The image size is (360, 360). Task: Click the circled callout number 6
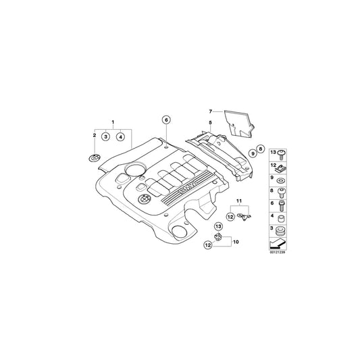coord(165,120)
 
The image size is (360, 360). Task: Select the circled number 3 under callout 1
coord(105,136)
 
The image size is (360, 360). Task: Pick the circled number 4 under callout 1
coord(120,136)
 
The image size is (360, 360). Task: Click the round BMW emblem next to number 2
coord(94,158)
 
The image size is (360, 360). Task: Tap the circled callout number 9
coord(253,154)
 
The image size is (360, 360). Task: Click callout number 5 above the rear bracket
coord(210,123)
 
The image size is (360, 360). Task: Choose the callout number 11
coord(238,203)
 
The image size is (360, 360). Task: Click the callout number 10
coord(236,241)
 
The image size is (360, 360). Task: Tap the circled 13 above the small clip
coord(218,226)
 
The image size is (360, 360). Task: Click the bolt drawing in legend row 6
coord(281,204)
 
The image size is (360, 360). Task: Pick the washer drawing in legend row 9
coord(281,179)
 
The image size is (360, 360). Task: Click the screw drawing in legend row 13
coord(281,153)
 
